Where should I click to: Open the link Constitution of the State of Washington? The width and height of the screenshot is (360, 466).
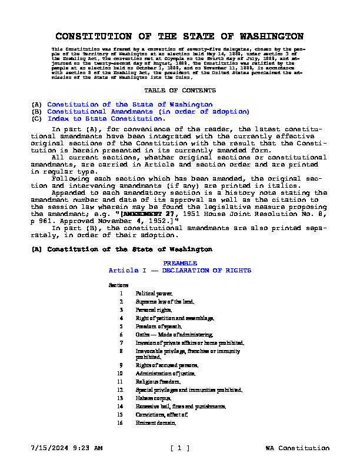pos(130,105)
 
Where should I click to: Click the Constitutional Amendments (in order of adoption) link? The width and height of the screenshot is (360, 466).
pos(148,111)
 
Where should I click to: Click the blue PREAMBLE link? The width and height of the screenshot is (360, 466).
pos(179,263)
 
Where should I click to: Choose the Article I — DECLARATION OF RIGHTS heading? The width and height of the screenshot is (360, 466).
pos(179,270)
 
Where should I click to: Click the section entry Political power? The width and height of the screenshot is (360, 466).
pos(154,292)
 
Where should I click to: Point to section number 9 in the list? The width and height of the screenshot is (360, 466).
pos(121,365)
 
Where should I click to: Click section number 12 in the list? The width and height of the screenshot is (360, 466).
pos(120,390)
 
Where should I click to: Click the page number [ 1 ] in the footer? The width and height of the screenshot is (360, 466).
pos(179,448)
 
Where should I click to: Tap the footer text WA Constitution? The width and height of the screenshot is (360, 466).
pos(297,448)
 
